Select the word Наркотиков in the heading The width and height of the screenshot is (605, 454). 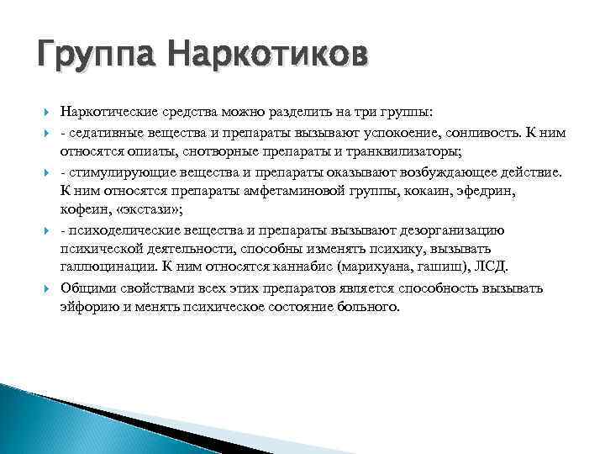click(267, 57)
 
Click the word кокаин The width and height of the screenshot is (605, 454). click(397, 192)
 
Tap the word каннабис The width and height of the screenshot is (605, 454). click(304, 269)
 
